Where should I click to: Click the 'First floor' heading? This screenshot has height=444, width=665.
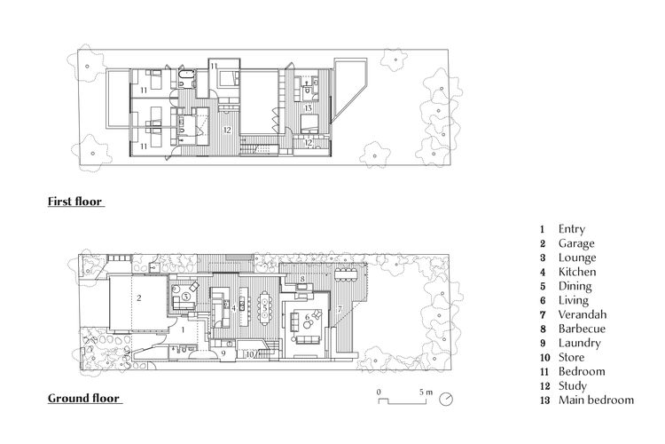[75, 201]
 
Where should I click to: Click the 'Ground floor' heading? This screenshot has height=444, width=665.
[84, 398]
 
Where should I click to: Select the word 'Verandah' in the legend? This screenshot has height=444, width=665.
[583, 314]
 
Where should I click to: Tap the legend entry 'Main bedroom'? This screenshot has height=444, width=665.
[596, 400]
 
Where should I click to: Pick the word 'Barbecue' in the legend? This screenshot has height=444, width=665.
[582, 329]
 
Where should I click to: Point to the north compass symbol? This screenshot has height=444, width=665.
[446, 399]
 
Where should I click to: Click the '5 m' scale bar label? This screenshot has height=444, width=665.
[426, 392]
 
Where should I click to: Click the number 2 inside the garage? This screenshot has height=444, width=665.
[139, 297]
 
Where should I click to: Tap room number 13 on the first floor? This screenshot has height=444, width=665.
[309, 108]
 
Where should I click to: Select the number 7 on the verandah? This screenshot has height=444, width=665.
[340, 310]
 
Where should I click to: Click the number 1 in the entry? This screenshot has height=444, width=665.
[184, 329]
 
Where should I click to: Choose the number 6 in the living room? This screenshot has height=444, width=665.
[308, 317]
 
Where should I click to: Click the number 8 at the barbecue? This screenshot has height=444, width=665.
[302, 279]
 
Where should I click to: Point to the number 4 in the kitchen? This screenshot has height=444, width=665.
[234, 307]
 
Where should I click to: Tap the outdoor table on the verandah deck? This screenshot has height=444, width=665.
[348, 274]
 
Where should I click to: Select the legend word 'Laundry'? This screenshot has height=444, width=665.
[579, 343]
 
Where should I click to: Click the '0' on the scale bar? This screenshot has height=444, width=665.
[379, 392]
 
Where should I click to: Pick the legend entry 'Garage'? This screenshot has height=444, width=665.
[576, 243]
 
